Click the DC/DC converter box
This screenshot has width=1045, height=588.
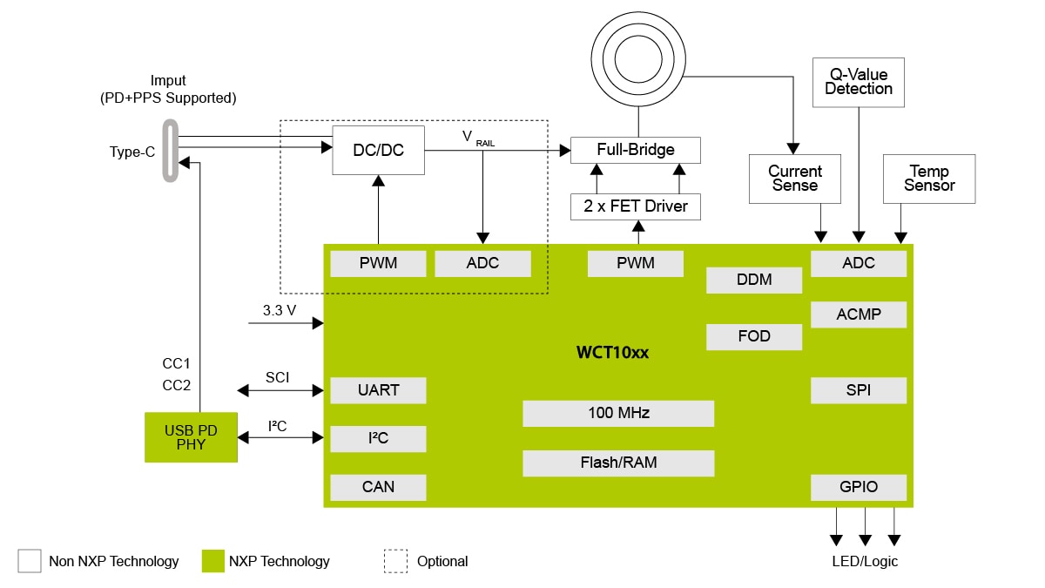click(x=379, y=150)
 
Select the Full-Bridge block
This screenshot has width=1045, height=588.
click(x=635, y=150)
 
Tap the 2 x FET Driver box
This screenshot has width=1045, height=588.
click(x=635, y=206)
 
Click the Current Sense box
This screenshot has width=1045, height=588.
click(x=793, y=179)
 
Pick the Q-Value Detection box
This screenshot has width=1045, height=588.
click(x=859, y=82)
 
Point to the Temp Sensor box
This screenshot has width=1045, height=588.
click(x=928, y=179)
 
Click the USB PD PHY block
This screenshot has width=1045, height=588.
click(x=191, y=437)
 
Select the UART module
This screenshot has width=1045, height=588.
click(x=378, y=390)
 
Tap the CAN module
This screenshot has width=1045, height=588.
click(x=378, y=487)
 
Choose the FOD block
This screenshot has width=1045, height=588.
click(x=753, y=336)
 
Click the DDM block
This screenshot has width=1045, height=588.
click(x=753, y=280)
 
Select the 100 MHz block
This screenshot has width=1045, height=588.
click(x=618, y=413)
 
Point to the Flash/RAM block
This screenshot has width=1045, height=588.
click(x=618, y=463)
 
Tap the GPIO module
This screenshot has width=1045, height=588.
click(x=858, y=487)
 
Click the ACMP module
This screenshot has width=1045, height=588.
click(x=858, y=314)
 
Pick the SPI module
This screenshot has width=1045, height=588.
click(x=858, y=390)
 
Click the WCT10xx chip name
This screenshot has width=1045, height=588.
click(x=612, y=353)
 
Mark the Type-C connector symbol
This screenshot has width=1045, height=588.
click(x=169, y=151)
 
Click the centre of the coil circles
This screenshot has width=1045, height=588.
click(x=638, y=53)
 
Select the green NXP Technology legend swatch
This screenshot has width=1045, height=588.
click(x=212, y=561)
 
